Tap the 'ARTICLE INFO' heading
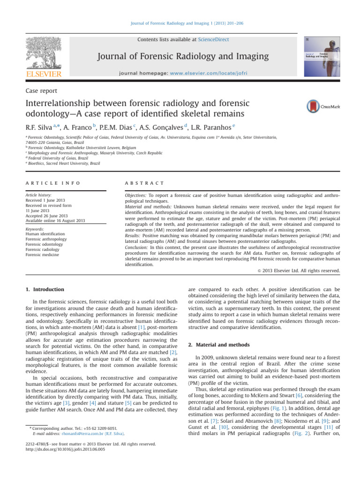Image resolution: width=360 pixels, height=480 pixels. click(52, 183)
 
